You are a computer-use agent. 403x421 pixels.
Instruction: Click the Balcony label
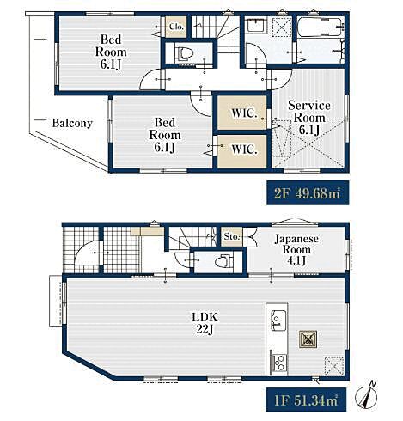pos(72,123)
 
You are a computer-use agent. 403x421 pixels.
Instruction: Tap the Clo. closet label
pos(176,27)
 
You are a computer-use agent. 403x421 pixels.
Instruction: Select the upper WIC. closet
pos(242,113)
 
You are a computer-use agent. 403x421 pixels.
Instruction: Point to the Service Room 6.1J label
pos(309,118)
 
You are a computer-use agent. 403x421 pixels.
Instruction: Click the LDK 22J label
pos(205,323)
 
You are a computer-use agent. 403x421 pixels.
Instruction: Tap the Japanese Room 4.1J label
pos(296,249)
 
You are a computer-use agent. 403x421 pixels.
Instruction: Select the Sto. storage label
pos(231,236)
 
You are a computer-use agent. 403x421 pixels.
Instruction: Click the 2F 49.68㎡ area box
pos(308,192)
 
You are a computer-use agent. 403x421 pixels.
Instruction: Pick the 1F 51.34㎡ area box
pos(307,400)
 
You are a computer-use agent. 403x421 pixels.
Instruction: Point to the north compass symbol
pos(367,396)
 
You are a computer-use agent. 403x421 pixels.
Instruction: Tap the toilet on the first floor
pos(225,261)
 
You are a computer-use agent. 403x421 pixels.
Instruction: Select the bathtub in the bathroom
pos(320,27)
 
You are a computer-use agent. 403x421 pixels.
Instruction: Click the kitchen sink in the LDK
pos(278,320)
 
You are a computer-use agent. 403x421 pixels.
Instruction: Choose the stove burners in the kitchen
pos(278,363)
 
